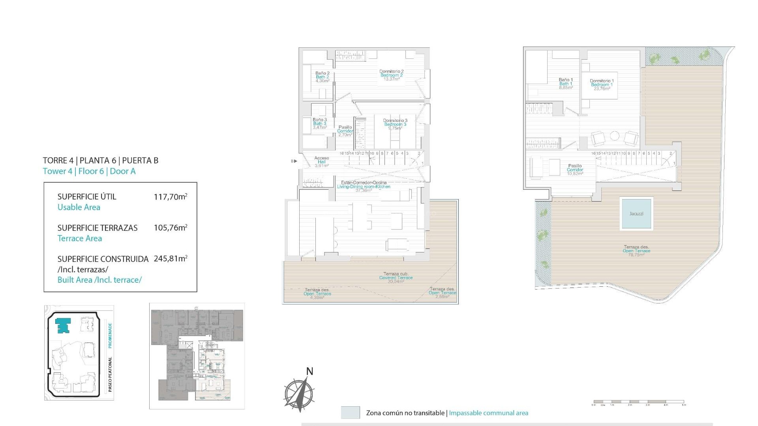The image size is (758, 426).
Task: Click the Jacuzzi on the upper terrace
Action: (636, 213)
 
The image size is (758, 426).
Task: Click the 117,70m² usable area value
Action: (170, 196)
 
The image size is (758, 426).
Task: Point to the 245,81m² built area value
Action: (170, 259)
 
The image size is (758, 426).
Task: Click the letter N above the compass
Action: (310, 371)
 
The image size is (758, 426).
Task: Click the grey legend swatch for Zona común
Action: (350, 413)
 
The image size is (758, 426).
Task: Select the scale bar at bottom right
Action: (639, 403)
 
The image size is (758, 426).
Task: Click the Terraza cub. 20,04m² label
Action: (396, 278)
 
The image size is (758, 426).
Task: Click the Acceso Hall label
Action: (321, 162)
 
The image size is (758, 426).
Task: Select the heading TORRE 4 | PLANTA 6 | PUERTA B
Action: (100, 161)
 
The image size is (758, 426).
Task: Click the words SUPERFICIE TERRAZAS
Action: (98, 228)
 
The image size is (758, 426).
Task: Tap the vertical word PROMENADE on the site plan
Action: (110, 335)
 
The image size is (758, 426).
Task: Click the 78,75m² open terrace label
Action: (636, 251)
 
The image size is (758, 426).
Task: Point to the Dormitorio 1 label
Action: (602, 84)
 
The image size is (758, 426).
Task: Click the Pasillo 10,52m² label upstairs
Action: (575, 170)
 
